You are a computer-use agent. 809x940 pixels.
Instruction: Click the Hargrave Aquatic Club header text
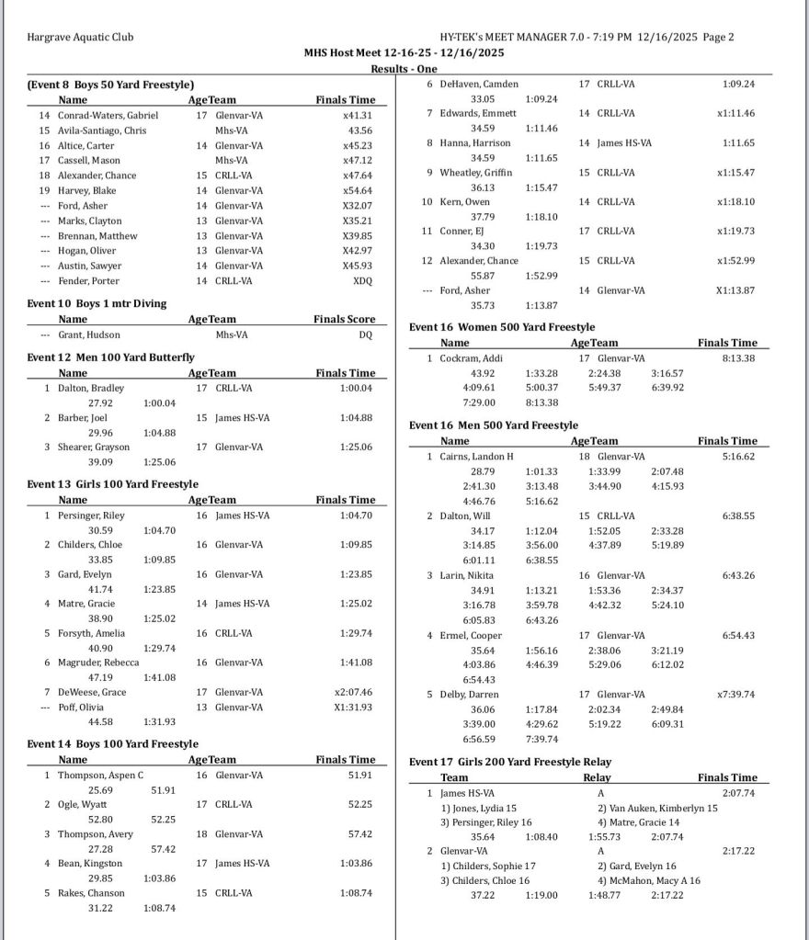pyautogui.click(x=81, y=38)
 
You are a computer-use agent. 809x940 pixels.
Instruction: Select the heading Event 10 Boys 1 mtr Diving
pyautogui.click(x=97, y=303)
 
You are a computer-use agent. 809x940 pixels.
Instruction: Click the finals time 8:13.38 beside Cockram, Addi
pyautogui.click(x=738, y=358)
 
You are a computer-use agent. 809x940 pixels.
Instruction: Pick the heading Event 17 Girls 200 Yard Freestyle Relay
pyautogui.click(x=510, y=762)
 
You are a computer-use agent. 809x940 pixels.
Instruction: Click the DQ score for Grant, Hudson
pyautogui.click(x=366, y=334)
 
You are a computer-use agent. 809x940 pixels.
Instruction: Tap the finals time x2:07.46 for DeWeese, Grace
pyautogui.click(x=353, y=692)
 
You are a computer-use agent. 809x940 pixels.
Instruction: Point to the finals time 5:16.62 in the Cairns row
pyautogui.click(x=738, y=457)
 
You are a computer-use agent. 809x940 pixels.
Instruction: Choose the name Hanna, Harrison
pyautogui.click(x=472, y=143)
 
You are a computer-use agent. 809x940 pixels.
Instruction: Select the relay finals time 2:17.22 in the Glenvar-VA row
pyautogui.click(x=738, y=851)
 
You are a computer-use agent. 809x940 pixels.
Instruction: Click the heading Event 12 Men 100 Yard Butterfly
pyautogui.click(x=110, y=357)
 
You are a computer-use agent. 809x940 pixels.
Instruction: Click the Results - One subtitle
pyautogui.click(x=404, y=69)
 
